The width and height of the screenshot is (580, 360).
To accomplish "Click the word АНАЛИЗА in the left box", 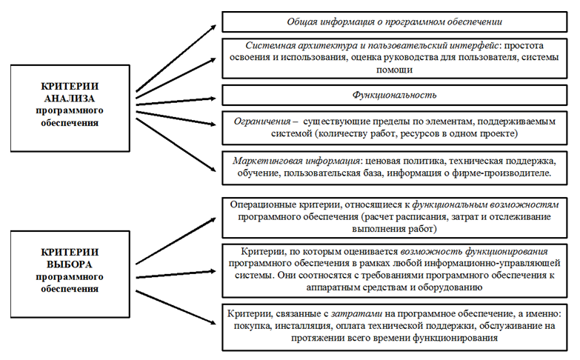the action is [70, 99].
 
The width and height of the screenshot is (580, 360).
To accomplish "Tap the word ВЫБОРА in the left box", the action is [70, 264].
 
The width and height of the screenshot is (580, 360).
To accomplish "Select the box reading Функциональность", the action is [394, 95].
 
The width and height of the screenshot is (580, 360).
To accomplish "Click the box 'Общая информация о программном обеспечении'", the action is [394, 21].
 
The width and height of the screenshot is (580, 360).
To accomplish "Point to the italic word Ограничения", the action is [262, 121].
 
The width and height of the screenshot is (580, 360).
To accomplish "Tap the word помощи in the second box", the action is [394, 70].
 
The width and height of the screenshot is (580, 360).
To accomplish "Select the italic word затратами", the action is [356, 314].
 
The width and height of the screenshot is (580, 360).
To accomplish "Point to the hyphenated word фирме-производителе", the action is [501, 173].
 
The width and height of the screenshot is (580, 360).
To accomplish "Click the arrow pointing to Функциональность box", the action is [176, 101].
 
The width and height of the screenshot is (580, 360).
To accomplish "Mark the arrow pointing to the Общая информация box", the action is [176, 58].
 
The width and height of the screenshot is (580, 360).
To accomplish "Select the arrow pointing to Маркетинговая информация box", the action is [176, 145].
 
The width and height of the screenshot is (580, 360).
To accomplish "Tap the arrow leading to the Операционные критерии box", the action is [176, 241].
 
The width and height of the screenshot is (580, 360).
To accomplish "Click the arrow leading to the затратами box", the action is [176, 307].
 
